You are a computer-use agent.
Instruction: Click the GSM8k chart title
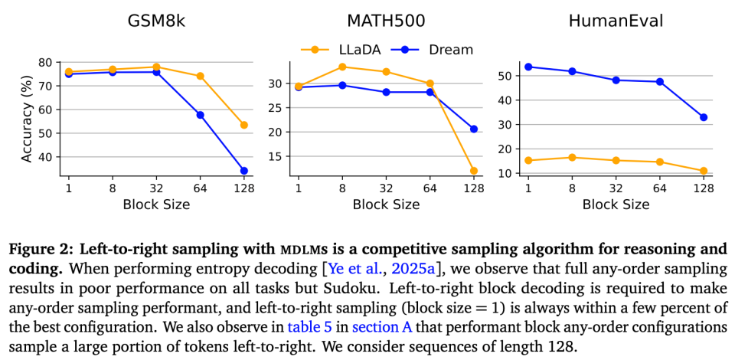tap(155, 21)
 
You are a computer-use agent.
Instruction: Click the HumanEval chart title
tap(616, 21)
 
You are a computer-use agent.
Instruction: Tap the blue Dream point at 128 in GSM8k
tap(243, 171)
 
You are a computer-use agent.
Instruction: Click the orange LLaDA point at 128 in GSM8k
tap(243, 125)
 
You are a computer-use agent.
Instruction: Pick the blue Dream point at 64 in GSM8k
tap(200, 115)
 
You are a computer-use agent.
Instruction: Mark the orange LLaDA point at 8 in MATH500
tap(342, 67)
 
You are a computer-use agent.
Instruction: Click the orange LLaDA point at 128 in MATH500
tap(473, 171)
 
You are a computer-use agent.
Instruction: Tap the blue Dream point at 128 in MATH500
tap(473, 129)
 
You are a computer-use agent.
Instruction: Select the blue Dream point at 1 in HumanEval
tap(528, 67)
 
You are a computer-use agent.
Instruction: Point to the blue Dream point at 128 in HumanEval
tap(703, 117)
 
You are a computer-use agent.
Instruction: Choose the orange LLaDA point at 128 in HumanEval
tap(703, 171)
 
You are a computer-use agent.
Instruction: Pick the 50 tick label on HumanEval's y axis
tap(505, 76)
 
